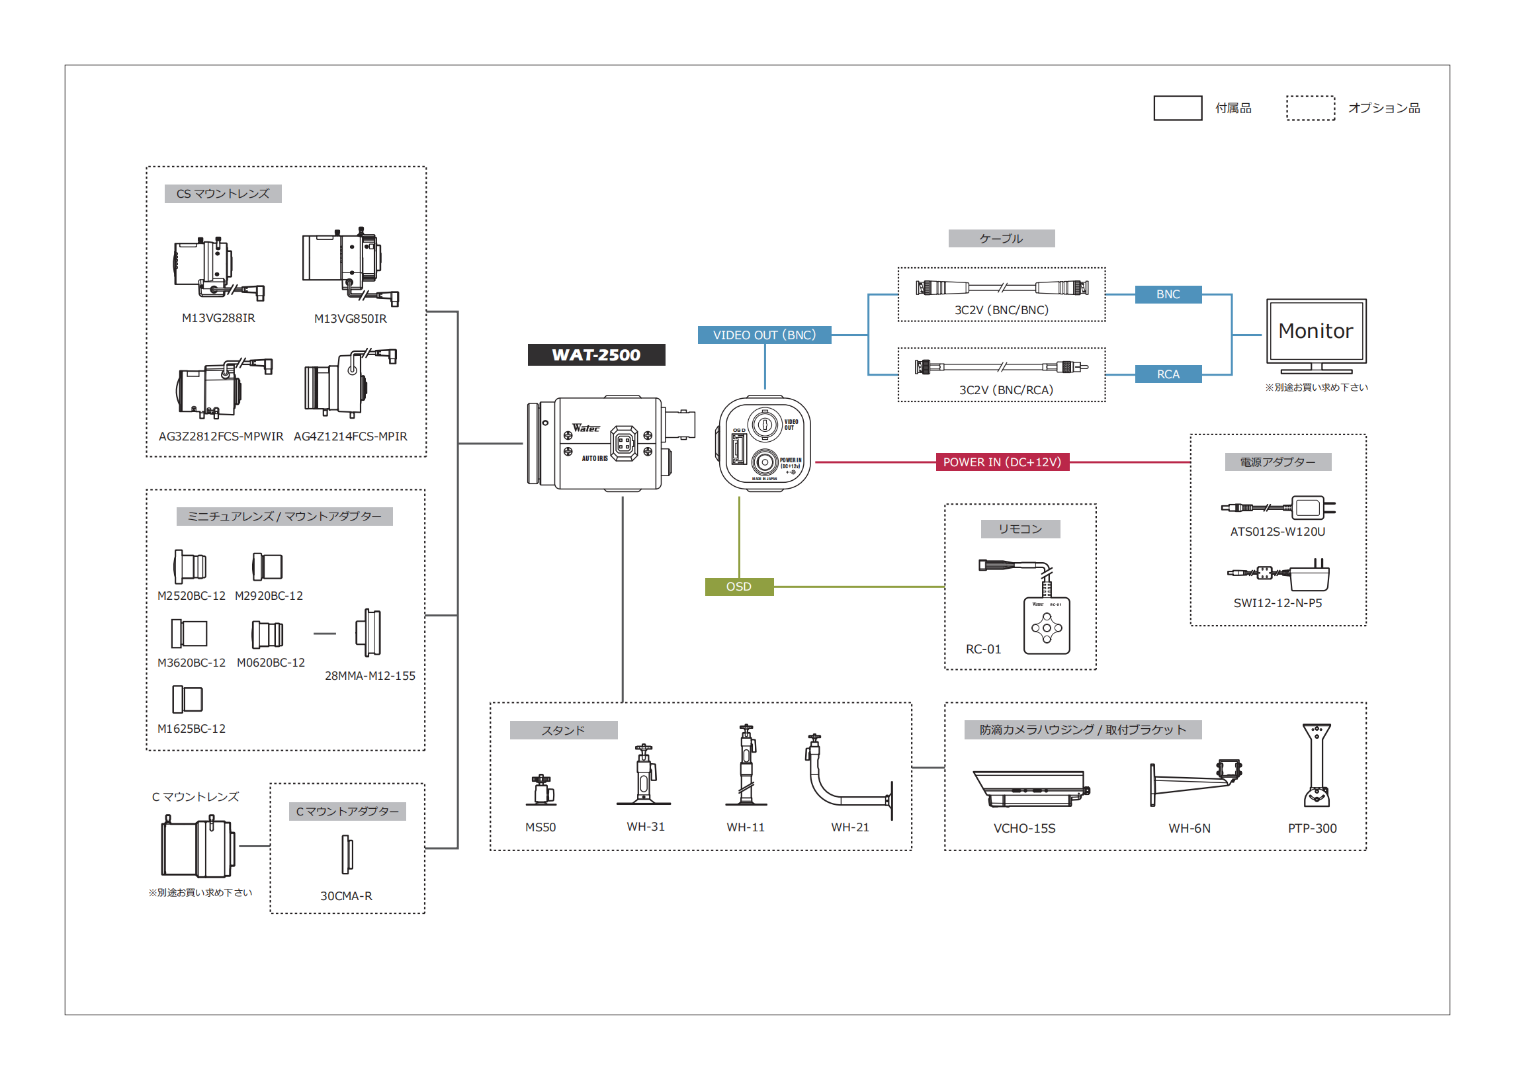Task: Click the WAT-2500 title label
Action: coord(596,354)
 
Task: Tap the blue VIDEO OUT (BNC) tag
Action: coord(763,335)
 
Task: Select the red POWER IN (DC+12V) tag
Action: coord(1002,462)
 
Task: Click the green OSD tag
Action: coord(738,586)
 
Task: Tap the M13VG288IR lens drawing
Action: coord(214,269)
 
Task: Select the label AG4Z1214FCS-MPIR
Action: coord(351,436)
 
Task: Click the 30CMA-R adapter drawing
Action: coord(347,854)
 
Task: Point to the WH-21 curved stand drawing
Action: coord(848,776)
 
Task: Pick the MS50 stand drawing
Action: coord(541,790)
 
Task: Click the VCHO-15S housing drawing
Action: coord(1029,789)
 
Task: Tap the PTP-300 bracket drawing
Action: coord(1315,765)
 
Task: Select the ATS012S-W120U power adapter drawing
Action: coord(1278,507)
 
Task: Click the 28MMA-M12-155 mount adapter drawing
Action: coord(368,632)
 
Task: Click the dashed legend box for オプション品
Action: coord(1309,108)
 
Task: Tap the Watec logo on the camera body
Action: coord(585,428)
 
